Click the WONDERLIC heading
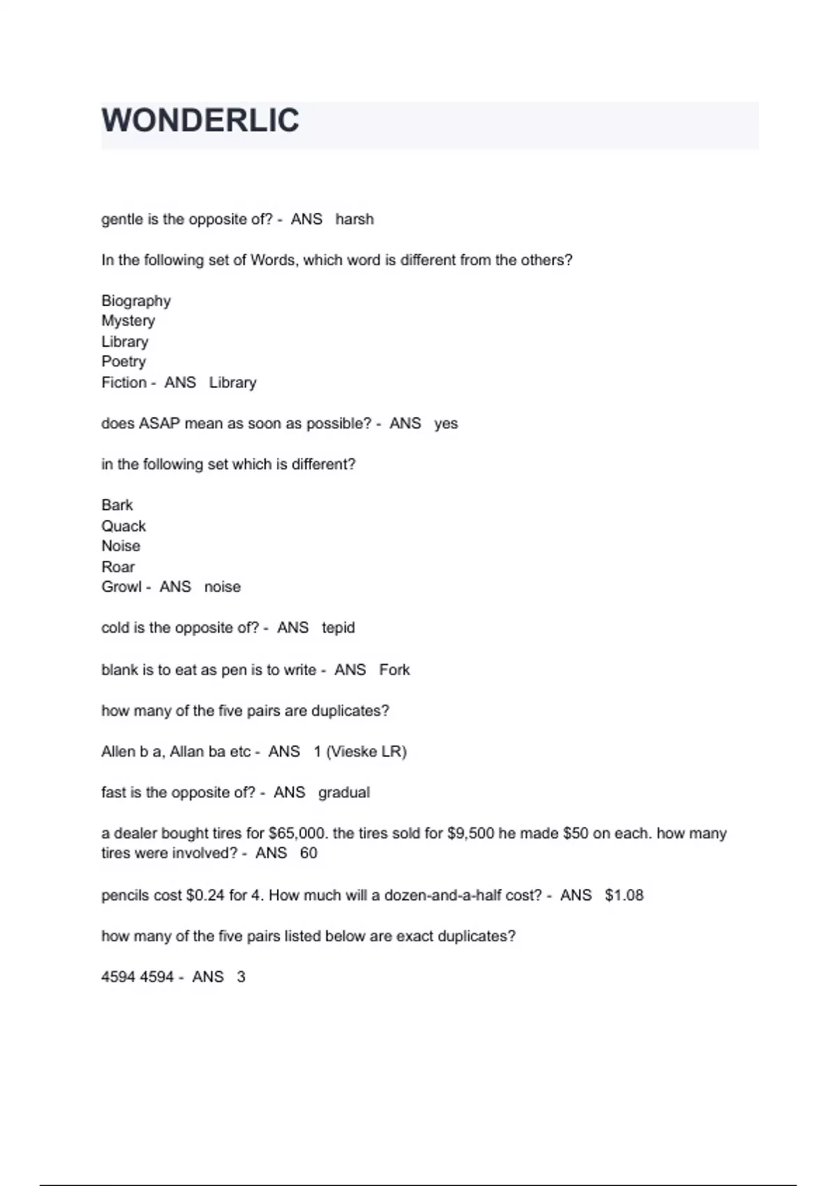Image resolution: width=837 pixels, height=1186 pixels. pyautogui.click(x=200, y=121)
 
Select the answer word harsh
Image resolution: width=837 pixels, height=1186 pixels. pyautogui.click(x=354, y=219)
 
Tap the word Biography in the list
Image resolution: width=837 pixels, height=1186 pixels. pyautogui.click(x=136, y=301)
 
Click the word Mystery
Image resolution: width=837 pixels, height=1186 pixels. pyautogui.click(x=128, y=321)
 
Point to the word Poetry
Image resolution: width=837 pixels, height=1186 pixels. pyautogui.click(x=123, y=361)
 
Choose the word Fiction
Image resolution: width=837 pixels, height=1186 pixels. pyautogui.click(x=124, y=382)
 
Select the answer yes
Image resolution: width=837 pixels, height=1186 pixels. pyautogui.click(x=446, y=423)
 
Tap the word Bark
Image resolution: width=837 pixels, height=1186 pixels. pyautogui.click(x=117, y=505)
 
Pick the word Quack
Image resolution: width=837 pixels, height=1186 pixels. pyautogui.click(x=123, y=526)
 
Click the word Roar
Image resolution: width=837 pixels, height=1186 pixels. pyautogui.click(x=118, y=566)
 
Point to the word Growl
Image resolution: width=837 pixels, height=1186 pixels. pyautogui.click(x=121, y=587)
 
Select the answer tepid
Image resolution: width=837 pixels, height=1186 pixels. pyautogui.click(x=338, y=628)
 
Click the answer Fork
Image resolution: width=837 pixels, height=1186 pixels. pyautogui.click(x=395, y=670)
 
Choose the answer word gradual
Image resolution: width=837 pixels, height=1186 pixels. pyautogui.click(x=344, y=793)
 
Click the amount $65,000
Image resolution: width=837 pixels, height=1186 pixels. pyautogui.click(x=299, y=833)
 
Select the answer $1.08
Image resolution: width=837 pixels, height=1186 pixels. pyautogui.click(x=624, y=895)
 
